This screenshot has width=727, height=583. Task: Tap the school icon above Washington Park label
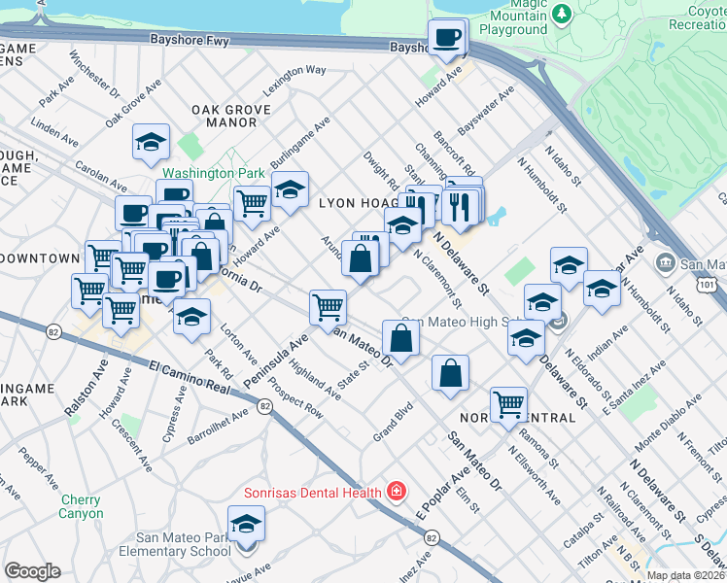pyautogui.click(x=151, y=143)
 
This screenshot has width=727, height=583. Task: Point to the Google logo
pyautogui.click(x=32, y=571)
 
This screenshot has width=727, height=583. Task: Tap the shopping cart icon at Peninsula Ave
pyautogui.click(x=328, y=308)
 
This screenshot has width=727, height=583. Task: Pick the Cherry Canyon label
pyautogui.click(x=81, y=506)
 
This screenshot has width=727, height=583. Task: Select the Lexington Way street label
pyautogui.click(x=294, y=77)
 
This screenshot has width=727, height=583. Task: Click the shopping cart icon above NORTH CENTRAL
pyautogui.click(x=508, y=403)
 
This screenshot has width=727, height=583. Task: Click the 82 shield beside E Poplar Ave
pyautogui.click(x=431, y=536)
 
